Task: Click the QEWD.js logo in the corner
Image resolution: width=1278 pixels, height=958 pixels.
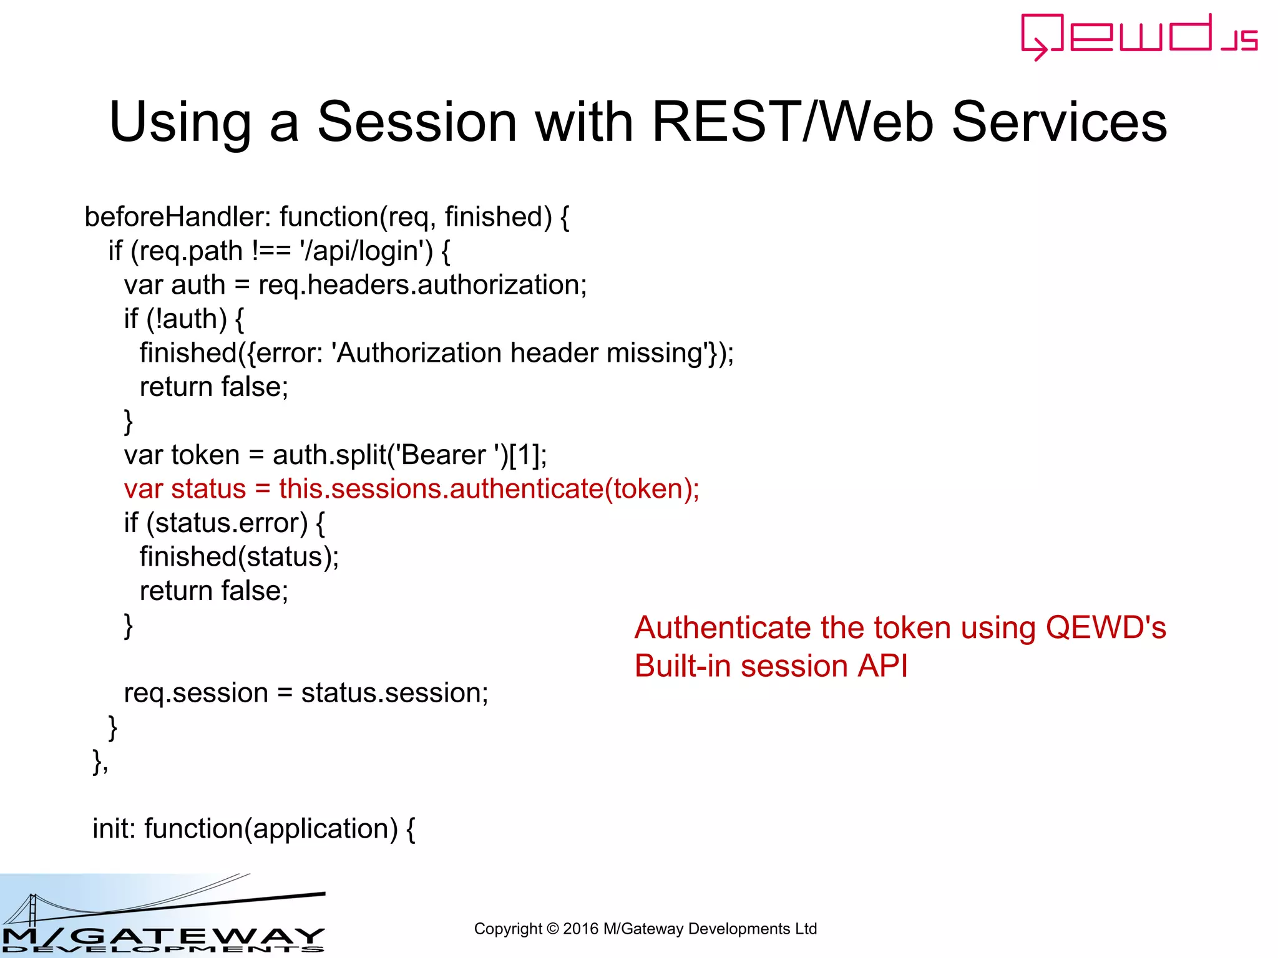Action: (1138, 36)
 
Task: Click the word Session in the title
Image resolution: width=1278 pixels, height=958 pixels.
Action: (417, 122)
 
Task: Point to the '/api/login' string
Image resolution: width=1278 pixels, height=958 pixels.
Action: (366, 251)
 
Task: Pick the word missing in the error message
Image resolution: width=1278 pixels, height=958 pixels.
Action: (655, 353)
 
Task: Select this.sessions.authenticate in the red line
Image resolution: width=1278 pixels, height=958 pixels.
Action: (441, 489)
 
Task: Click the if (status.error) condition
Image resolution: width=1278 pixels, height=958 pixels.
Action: (224, 523)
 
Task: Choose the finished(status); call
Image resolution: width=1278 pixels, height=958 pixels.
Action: (239, 557)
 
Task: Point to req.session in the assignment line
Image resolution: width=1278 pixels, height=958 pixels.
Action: (196, 693)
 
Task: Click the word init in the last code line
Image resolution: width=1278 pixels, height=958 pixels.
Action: (114, 829)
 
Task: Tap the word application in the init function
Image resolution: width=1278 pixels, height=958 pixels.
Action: (321, 829)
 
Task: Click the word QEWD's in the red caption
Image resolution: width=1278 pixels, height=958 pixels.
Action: (1105, 627)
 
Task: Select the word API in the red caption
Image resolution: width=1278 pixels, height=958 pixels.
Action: (882, 666)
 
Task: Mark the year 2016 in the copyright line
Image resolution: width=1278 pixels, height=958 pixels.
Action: (580, 929)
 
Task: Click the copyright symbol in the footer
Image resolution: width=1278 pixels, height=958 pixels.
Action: (552, 929)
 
